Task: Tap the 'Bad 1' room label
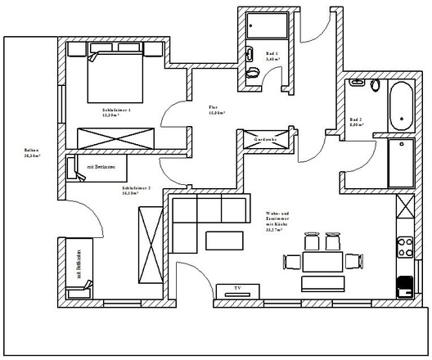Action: (272, 57)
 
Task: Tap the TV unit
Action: (237, 290)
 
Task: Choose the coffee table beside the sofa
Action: (223, 241)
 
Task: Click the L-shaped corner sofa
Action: (200, 214)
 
